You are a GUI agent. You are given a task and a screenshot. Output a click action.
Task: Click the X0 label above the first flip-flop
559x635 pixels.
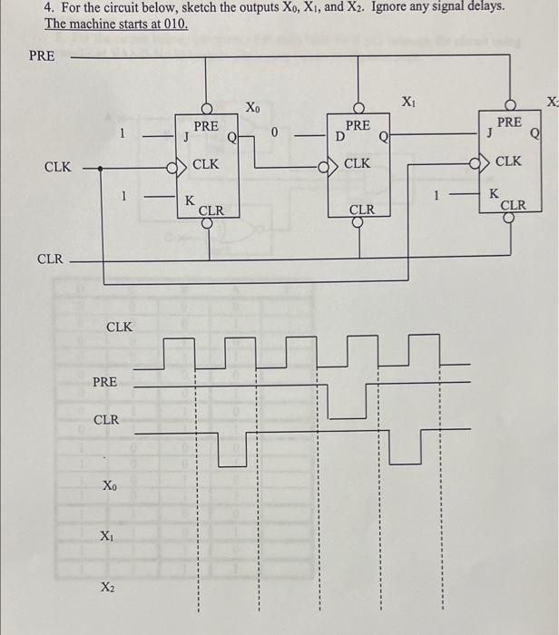253,109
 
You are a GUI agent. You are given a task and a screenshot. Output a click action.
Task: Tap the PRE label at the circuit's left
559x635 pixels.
42,55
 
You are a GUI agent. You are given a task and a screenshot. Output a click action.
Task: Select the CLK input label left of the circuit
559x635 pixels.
58,167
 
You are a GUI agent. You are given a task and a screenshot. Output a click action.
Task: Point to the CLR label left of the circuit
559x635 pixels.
50,259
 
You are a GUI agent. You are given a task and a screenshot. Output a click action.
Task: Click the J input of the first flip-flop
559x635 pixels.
186,139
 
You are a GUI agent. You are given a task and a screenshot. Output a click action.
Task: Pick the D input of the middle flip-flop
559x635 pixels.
339,138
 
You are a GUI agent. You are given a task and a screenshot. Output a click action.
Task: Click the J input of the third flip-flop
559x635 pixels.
491,132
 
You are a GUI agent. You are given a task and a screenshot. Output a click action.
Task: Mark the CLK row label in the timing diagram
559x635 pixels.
120,327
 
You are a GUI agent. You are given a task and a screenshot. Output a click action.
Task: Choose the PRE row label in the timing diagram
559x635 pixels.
104,382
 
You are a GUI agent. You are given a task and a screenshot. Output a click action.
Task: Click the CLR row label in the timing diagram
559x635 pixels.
106,420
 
